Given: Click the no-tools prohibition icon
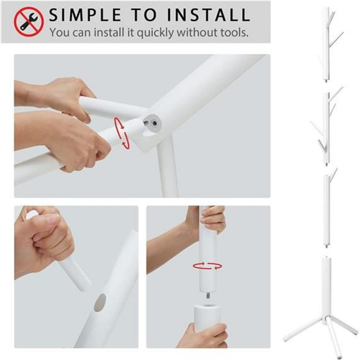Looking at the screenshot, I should pos(29,21).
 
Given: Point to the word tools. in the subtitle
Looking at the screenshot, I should pos(232,32).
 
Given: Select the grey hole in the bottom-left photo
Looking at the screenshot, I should pos(100,304).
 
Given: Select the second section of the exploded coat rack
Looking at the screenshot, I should pos(326,127).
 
